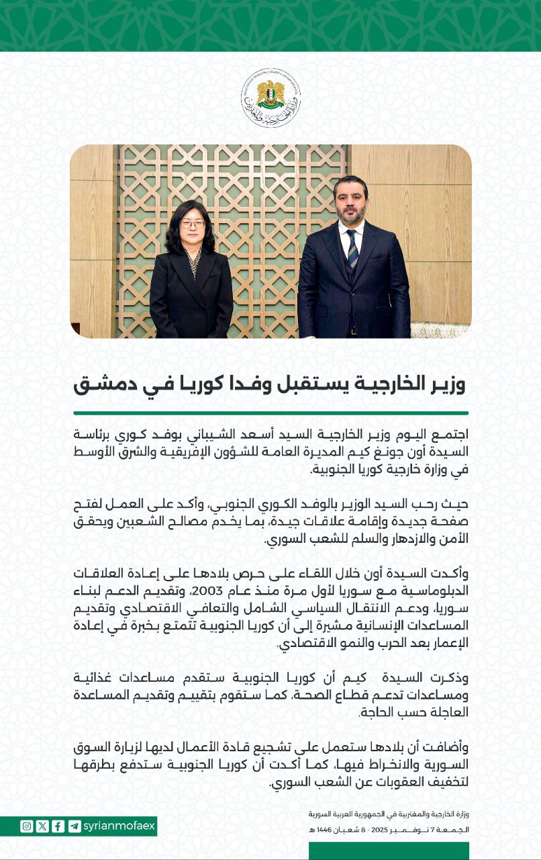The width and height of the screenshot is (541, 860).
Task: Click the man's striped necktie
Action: pos(352,248)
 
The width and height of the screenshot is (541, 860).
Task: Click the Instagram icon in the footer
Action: pos(27,826)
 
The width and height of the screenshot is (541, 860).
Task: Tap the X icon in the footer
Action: pos(42,826)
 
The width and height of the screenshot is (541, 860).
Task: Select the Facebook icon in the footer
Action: pos(58,826)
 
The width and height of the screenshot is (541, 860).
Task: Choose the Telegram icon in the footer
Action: pos(75,826)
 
